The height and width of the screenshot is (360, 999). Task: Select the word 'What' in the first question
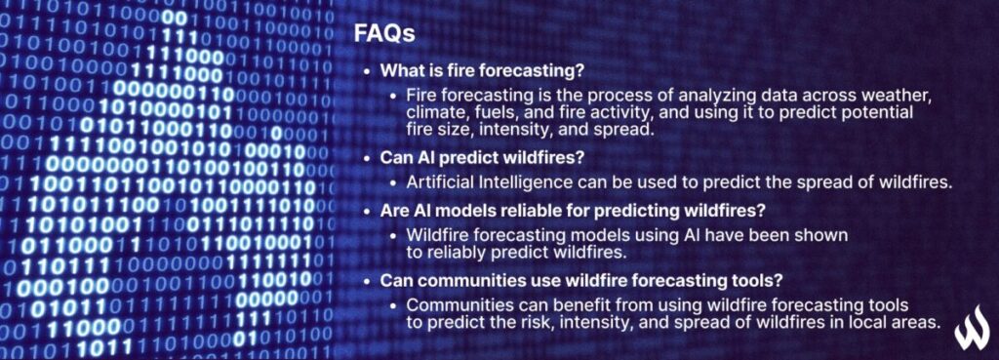pyautogui.click(x=402, y=71)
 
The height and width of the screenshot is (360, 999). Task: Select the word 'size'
pyautogui.click(x=456, y=130)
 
